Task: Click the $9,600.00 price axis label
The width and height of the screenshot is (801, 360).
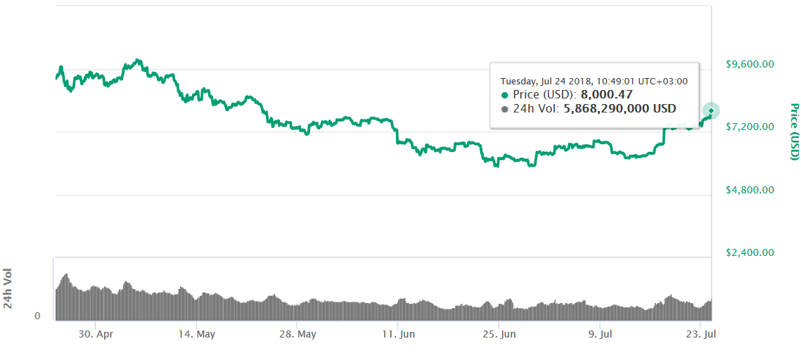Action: pos(750,64)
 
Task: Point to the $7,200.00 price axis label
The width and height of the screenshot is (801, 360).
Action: pos(750,127)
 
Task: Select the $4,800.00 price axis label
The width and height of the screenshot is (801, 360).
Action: pos(750,190)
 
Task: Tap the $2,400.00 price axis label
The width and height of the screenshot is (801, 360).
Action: pos(750,252)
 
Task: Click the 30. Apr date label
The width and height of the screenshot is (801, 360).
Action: pos(96,334)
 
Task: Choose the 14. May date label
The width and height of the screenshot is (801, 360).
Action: pos(197,334)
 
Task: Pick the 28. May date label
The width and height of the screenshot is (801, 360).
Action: pos(297,334)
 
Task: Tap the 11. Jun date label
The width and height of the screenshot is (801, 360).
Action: pos(398,334)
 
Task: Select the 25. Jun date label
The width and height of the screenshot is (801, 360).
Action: pos(499,334)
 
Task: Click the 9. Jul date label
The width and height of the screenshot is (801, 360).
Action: pos(599,334)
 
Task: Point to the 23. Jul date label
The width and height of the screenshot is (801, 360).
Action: pos(700,334)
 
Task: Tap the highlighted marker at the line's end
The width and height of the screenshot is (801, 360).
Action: pos(711,110)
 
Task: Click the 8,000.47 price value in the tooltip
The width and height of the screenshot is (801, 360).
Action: pos(606,94)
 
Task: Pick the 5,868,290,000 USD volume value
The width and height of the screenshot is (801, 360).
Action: pos(620,108)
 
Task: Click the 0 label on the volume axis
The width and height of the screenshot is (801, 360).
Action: pos(37,316)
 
